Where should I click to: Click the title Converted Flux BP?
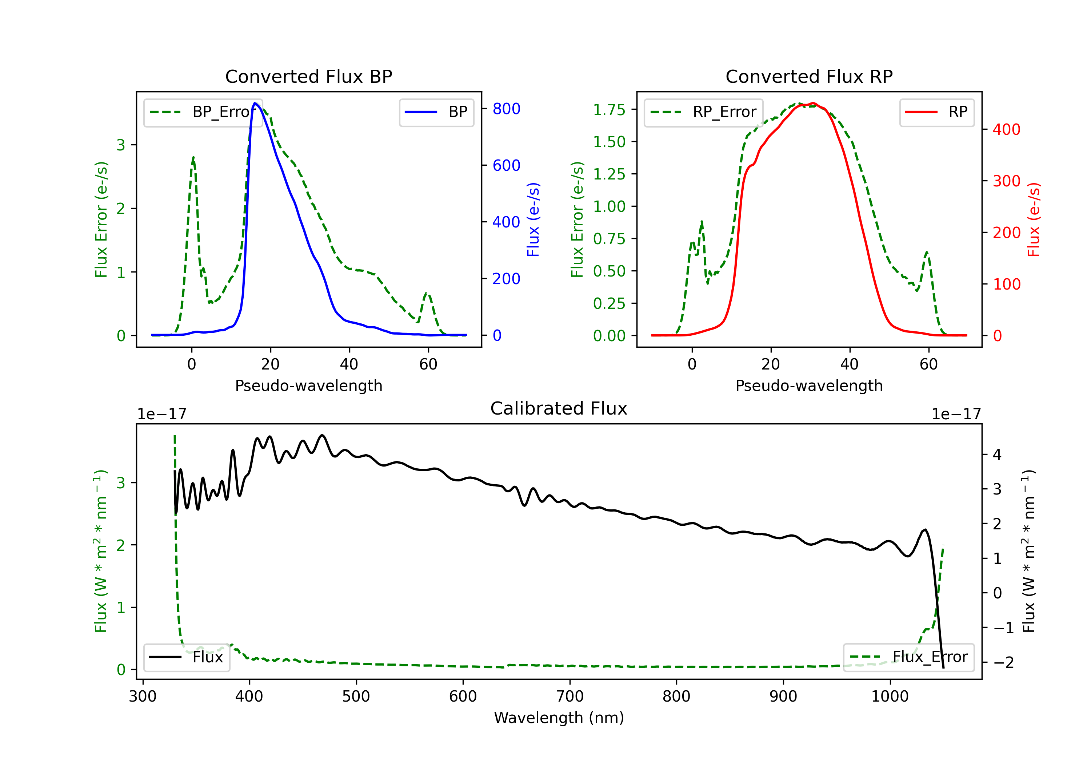(308, 76)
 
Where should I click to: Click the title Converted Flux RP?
(809, 76)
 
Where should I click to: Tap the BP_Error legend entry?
(203, 112)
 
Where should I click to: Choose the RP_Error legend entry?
(703, 112)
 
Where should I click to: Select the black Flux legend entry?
(187, 657)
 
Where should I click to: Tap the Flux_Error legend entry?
(908, 657)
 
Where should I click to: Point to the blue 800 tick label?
(506, 109)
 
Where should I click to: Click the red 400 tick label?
(1006, 129)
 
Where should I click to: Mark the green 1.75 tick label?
(609, 110)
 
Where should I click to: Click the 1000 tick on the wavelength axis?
(890, 697)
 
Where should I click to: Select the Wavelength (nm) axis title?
(559, 718)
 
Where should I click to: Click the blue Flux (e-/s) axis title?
(533, 219)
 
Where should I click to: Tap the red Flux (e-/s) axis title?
(1034, 219)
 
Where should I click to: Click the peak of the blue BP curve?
(255, 103)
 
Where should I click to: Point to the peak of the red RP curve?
(814, 103)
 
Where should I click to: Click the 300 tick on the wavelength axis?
(143, 697)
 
